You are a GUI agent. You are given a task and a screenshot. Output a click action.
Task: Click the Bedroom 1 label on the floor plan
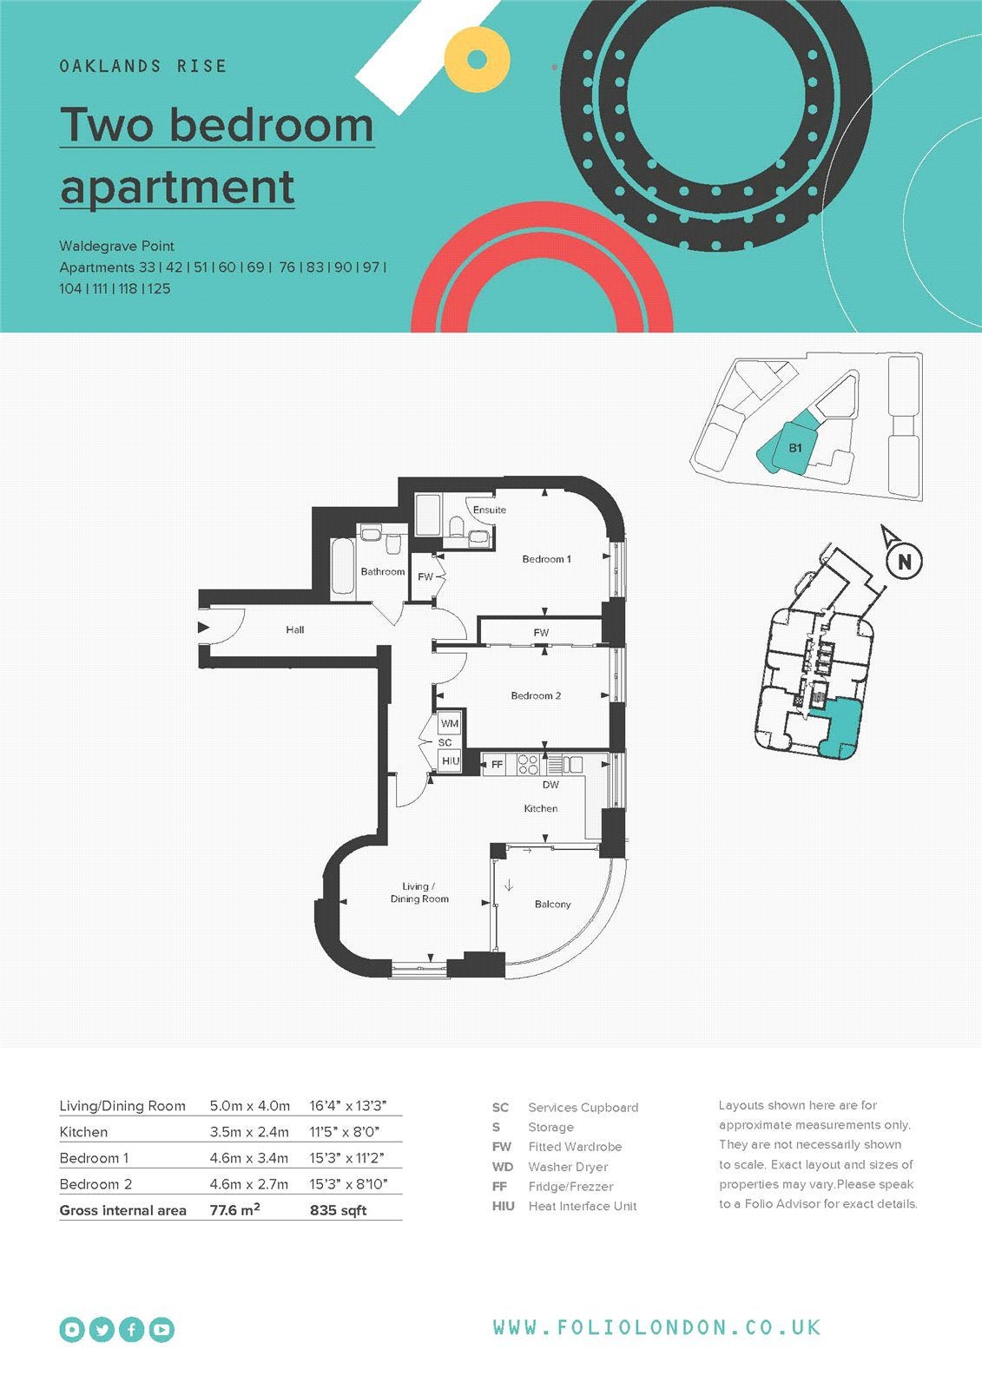[x=546, y=559]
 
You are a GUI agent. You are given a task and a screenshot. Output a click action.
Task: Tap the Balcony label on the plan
[x=553, y=904]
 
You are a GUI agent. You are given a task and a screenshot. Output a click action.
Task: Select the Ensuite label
[x=490, y=510]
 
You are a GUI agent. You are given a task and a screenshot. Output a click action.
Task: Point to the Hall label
[x=294, y=629]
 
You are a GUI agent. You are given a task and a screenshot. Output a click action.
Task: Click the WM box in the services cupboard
[x=449, y=723]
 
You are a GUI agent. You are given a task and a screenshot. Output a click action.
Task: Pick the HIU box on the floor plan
[x=451, y=760]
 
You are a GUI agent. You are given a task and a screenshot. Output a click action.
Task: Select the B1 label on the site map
[x=795, y=448]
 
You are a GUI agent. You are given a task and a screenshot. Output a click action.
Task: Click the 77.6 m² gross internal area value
[x=234, y=1210]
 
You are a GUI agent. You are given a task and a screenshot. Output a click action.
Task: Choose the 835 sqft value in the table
[x=338, y=1210]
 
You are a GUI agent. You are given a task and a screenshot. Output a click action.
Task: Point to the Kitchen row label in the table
[x=83, y=1132]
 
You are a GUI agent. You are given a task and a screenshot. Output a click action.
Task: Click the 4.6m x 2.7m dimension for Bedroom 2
[x=249, y=1184]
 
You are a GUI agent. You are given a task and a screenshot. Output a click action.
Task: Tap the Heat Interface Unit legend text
[x=583, y=1206]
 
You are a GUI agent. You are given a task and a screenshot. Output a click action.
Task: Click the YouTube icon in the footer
[x=161, y=1329]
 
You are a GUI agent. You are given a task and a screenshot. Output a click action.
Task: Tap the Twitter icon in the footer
[x=102, y=1329]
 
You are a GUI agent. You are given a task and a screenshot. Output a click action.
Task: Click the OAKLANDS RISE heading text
[x=143, y=66]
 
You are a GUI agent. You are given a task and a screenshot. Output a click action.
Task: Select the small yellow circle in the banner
[x=477, y=60]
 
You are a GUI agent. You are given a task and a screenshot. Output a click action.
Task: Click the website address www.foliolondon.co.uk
[x=657, y=1327]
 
